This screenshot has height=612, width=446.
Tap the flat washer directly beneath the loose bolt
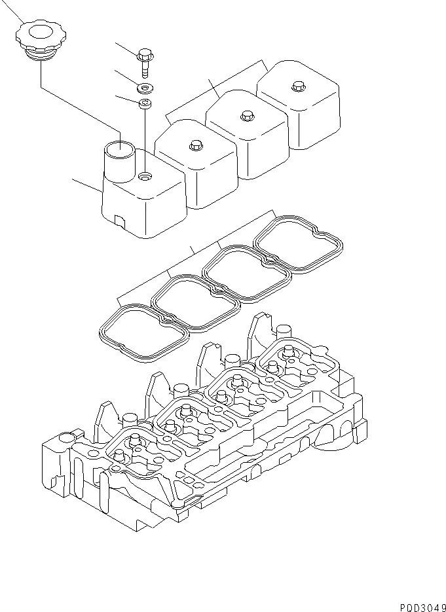tap(143, 87)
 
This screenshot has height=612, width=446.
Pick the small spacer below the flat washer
tap(145, 103)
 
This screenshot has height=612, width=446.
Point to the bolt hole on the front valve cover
tap(145, 176)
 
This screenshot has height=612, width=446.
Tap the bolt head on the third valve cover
tap(246, 115)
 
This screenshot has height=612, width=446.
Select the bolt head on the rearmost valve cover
tap(298, 84)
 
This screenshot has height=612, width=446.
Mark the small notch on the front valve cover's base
tap(118, 221)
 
